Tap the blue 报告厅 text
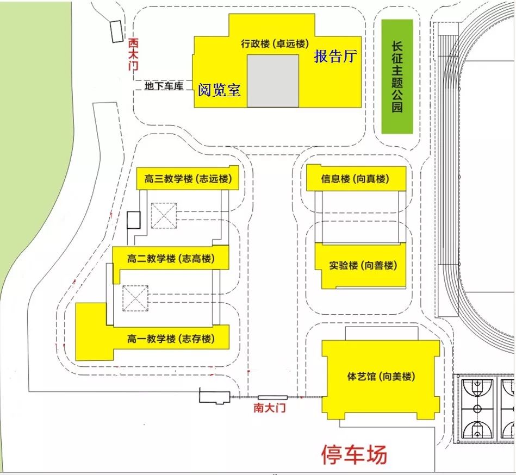click(x=335, y=57)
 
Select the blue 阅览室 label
click(x=219, y=90)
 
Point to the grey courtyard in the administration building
click(x=273, y=80)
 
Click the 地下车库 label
click(x=163, y=86)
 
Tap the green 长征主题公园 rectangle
click(x=397, y=77)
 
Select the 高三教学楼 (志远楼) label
click(x=188, y=179)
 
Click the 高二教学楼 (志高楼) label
click(x=171, y=259)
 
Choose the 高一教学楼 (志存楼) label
click(x=171, y=339)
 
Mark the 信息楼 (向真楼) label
click(x=356, y=179)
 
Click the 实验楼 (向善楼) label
click(x=363, y=266)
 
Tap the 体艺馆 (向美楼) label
click(x=381, y=376)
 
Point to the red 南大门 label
click(x=270, y=408)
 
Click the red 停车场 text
click(x=355, y=454)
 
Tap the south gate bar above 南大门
click(x=272, y=398)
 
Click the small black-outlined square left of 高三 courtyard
click(x=134, y=220)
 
